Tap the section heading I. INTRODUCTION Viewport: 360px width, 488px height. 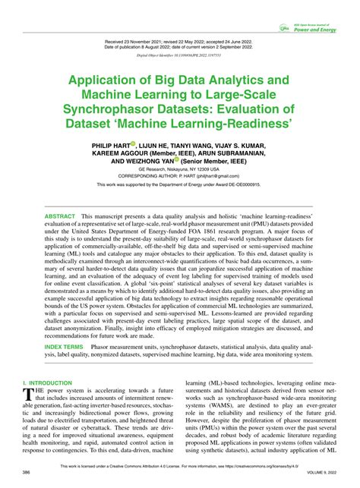tap(47, 384)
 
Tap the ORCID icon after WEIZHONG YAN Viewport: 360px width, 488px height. tap(177, 160)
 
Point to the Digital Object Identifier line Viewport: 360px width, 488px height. tap(179, 55)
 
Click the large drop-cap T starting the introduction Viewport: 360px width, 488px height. tap(28, 395)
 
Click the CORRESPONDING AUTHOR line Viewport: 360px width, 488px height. tap(179, 175)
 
